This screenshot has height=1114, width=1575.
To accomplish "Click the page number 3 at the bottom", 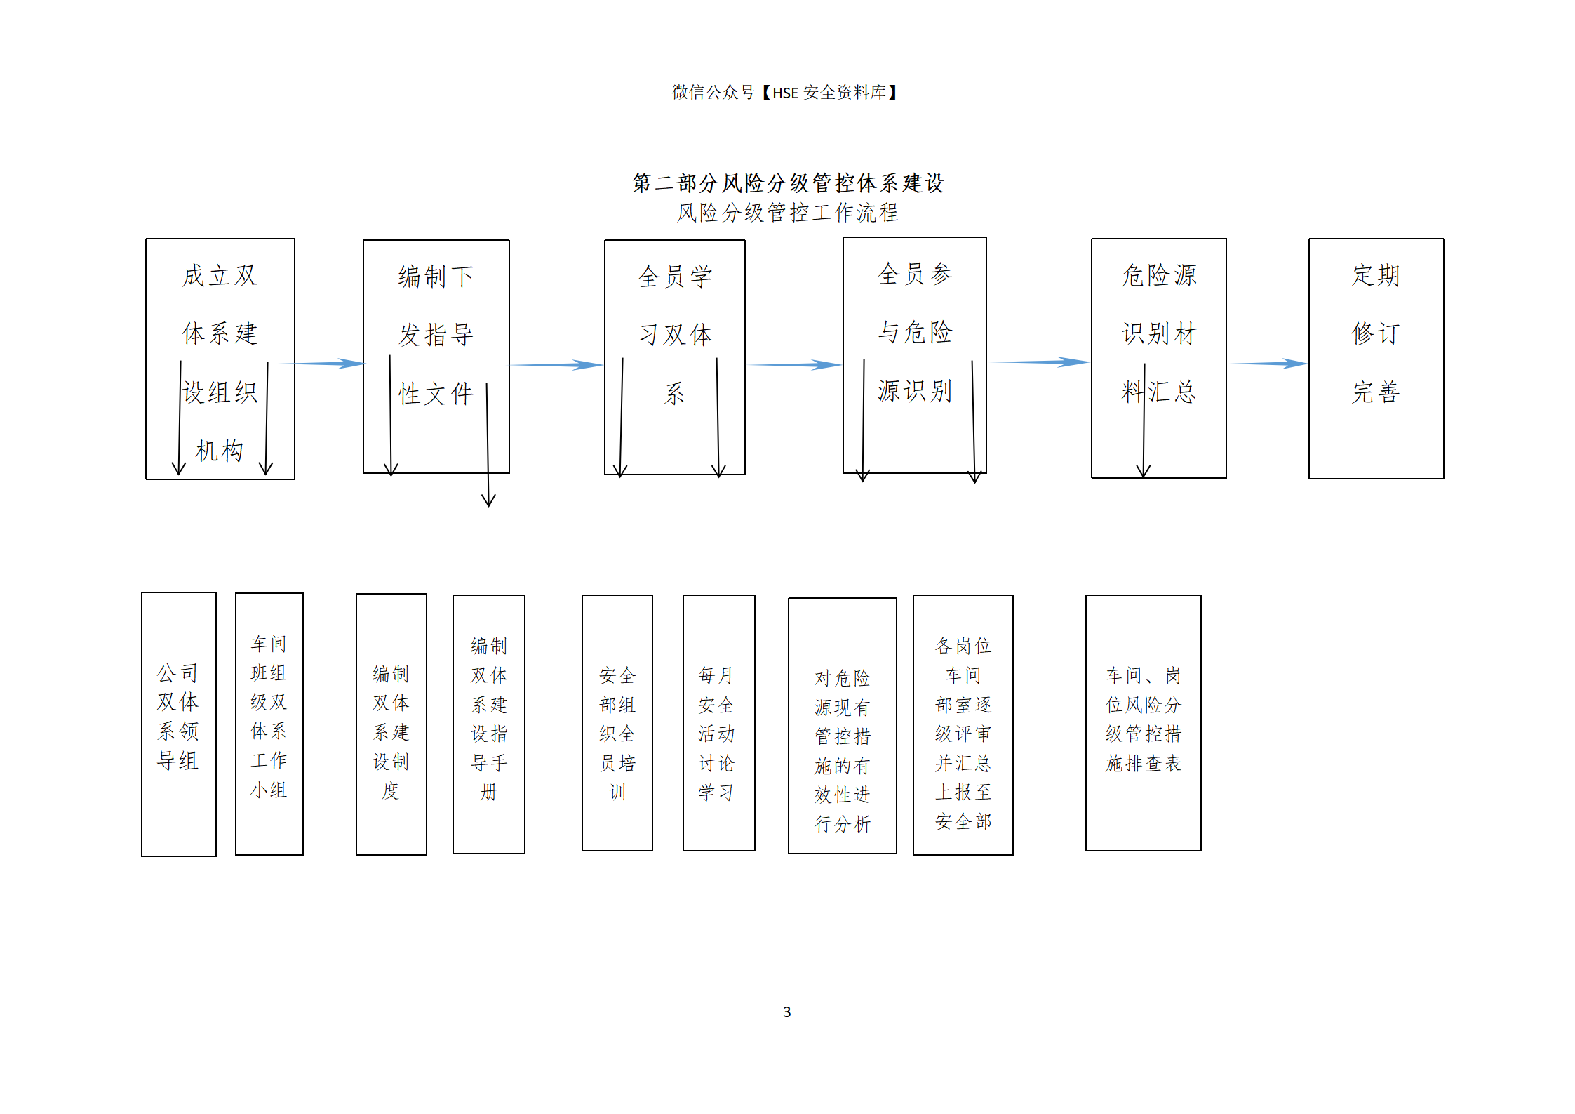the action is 786,1012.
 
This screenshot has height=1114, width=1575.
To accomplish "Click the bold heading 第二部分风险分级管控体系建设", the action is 788,183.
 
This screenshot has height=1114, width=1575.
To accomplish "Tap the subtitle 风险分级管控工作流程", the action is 788,213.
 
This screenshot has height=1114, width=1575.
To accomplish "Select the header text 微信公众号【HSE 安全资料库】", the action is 786,93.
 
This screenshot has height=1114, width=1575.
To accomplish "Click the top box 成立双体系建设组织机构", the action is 220,359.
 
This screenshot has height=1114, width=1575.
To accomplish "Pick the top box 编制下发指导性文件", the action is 436,357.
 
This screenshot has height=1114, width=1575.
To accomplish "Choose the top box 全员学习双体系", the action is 675,357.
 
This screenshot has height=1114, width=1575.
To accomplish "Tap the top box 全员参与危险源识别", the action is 915,355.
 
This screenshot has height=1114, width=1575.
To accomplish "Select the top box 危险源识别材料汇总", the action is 1159,358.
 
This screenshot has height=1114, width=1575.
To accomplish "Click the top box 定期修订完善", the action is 1376,359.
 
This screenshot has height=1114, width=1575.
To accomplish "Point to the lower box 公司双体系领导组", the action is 179,724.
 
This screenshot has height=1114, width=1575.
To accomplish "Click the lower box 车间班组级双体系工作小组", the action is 269,724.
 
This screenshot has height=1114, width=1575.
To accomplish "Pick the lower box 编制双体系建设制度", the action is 391,724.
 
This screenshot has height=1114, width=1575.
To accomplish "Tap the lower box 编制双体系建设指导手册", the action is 489,724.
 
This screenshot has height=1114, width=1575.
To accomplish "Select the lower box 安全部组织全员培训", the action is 617,723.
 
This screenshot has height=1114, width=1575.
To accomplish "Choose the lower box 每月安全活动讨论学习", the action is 719,723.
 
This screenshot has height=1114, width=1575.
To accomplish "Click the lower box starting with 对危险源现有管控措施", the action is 843,726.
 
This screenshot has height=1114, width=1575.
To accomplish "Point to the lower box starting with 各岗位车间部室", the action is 963,725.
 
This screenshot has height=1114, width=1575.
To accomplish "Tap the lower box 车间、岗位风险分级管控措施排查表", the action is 1144,723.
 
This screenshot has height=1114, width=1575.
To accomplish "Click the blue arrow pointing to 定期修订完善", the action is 1268,364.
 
